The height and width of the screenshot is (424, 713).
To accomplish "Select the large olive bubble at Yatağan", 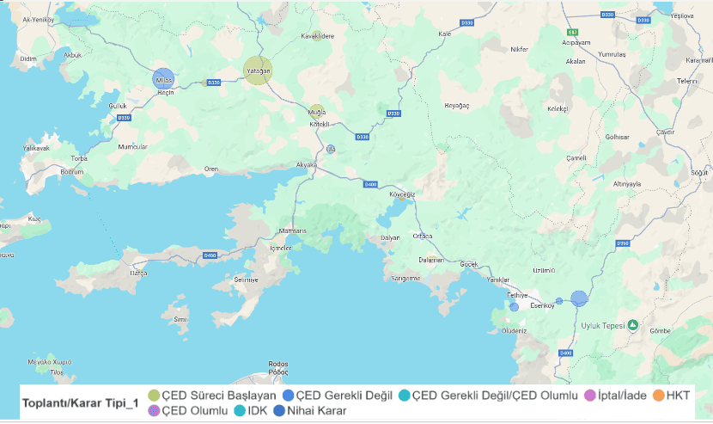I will pyautogui.click(x=257, y=71).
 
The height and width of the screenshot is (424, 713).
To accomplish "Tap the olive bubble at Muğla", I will pyautogui.click(x=317, y=112).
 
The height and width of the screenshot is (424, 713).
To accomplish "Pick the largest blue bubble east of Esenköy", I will pyautogui.click(x=579, y=298).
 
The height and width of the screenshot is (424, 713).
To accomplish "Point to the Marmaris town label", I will pyautogui.click(x=292, y=231).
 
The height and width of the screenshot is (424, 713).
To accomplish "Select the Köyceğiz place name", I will pyautogui.click(x=402, y=194).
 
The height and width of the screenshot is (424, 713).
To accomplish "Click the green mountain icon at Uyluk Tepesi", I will pyautogui.click(x=632, y=325).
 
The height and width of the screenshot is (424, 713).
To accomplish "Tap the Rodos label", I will pyautogui.click(x=277, y=364).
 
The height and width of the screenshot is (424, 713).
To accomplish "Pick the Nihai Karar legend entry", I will pyautogui.click(x=312, y=411).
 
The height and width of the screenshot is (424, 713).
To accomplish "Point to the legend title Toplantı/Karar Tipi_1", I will pyautogui.click(x=82, y=402).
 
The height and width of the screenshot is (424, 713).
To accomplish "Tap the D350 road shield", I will pyautogui.click(x=624, y=244).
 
